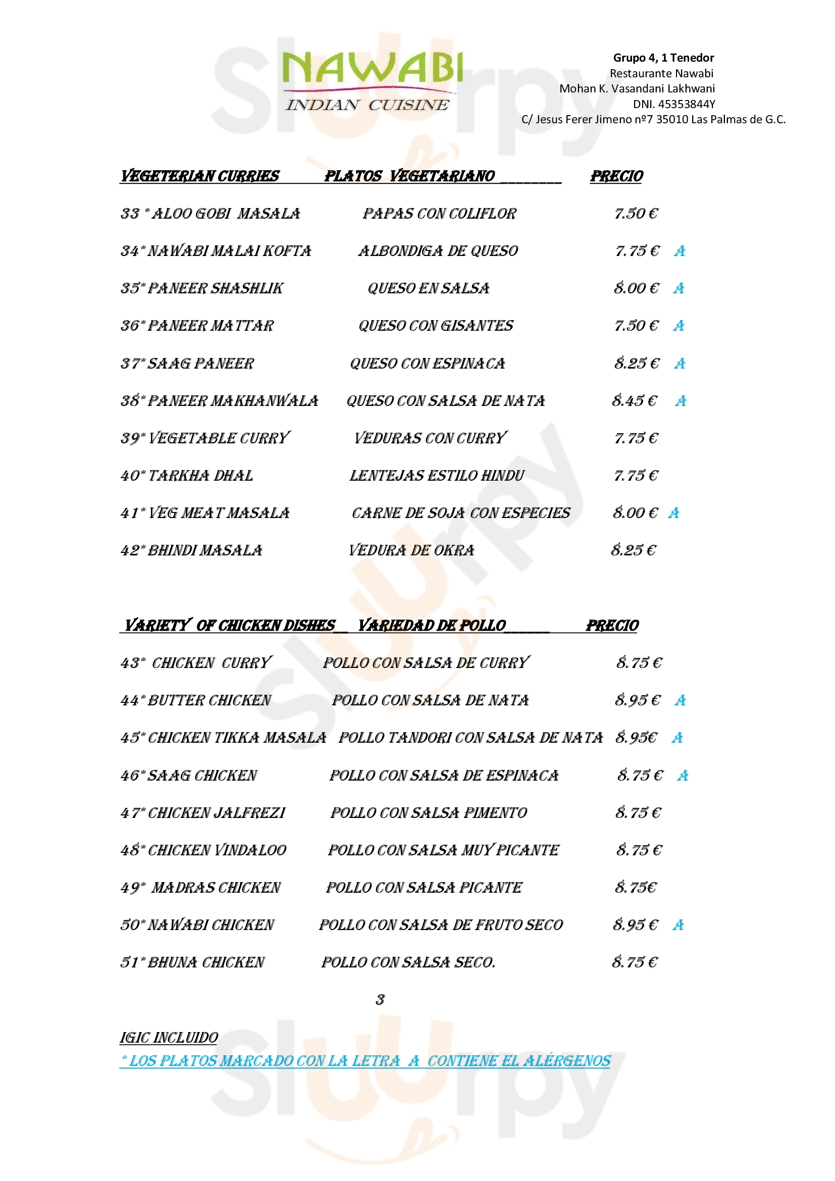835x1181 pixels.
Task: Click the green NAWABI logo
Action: (x=372, y=67)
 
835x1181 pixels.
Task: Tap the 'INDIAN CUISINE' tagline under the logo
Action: (x=367, y=105)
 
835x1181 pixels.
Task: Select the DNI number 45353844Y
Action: (x=673, y=104)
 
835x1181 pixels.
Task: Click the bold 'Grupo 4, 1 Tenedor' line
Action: (x=663, y=58)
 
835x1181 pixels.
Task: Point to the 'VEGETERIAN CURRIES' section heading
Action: (x=199, y=176)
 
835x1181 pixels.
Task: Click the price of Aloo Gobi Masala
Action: (x=636, y=214)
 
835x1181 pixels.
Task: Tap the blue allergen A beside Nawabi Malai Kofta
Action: (x=680, y=251)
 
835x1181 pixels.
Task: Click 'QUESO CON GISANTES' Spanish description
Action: (x=436, y=326)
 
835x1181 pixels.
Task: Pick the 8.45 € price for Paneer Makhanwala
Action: (x=635, y=401)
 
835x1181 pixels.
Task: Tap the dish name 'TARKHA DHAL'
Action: (x=200, y=476)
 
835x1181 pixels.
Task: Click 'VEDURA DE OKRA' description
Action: (x=411, y=550)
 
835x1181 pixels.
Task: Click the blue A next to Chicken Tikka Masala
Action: (x=677, y=738)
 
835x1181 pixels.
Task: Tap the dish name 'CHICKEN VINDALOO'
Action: (x=217, y=850)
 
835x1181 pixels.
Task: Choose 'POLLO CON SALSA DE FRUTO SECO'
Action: (x=441, y=926)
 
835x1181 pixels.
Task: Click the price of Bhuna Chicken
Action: (x=635, y=962)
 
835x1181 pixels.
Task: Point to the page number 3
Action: (x=380, y=999)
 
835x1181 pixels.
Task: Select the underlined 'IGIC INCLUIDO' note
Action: (x=169, y=1038)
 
